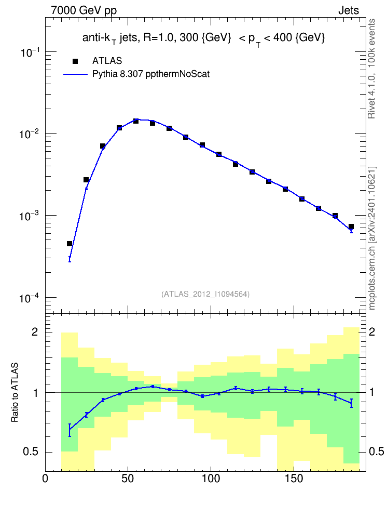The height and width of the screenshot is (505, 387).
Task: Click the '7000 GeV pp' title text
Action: tap(84, 10)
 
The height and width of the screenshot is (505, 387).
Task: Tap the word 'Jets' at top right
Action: tap(349, 10)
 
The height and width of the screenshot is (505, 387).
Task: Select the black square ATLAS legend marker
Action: tap(75, 61)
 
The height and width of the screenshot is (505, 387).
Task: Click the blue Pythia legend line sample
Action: tap(75, 74)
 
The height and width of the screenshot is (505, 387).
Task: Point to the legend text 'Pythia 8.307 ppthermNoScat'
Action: tap(151, 74)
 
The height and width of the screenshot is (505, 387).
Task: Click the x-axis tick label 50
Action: tap(128, 479)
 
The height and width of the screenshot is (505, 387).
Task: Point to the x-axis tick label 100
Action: tap(211, 479)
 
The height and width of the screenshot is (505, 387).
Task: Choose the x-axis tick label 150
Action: tap(294, 479)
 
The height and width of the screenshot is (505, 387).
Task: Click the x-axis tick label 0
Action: tap(45, 479)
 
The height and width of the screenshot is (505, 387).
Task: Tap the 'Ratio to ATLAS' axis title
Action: tap(15, 393)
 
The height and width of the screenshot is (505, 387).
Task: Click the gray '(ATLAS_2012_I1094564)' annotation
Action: tap(205, 294)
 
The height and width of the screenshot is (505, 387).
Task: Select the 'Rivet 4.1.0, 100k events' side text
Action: tap(371, 69)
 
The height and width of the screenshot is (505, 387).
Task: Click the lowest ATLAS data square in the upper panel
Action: tap(70, 244)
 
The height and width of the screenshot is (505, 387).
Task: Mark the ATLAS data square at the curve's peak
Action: tap(136, 121)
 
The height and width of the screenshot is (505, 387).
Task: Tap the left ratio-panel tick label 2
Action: tap(35, 331)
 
